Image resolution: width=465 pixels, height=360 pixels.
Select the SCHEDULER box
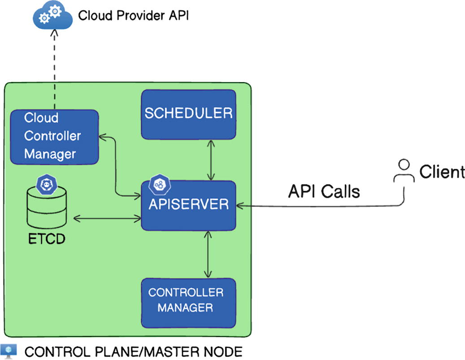(x=188, y=114)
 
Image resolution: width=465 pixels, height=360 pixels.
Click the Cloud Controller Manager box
(x=54, y=136)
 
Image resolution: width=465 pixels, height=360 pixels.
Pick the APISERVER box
(x=188, y=205)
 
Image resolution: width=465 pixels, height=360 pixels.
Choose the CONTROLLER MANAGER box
(x=188, y=302)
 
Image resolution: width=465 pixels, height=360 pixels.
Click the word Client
(x=442, y=172)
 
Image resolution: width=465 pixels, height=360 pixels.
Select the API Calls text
(x=324, y=192)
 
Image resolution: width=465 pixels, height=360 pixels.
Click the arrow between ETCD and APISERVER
(x=107, y=218)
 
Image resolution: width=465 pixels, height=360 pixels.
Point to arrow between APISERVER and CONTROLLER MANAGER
(x=208, y=254)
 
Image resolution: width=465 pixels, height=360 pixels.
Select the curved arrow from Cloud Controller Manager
(x=117, y=171)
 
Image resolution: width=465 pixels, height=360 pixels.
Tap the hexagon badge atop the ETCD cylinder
(x=46, y=184)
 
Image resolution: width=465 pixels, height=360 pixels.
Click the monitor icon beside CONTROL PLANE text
(x=9, y=351)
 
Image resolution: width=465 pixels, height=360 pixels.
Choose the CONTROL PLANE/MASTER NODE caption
(x=133, y=351)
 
